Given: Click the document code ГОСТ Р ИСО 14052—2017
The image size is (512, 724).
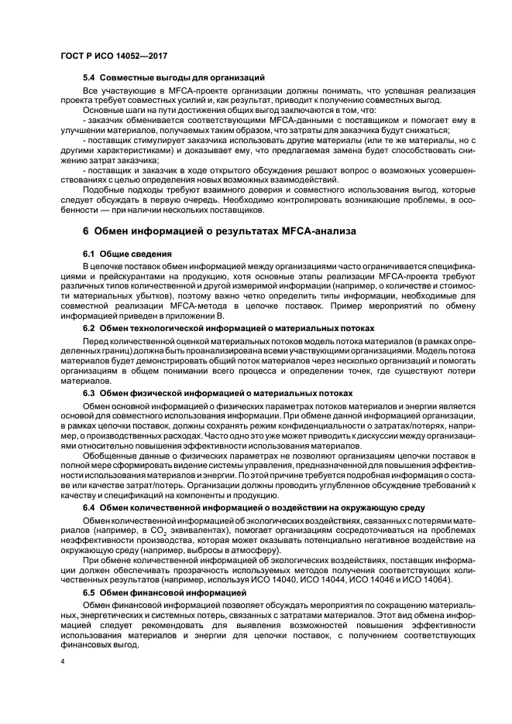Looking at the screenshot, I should click(114, 56).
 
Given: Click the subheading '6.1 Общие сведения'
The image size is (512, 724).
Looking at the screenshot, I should click(127, 253).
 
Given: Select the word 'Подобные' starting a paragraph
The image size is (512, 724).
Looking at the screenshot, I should click(104, 190).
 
